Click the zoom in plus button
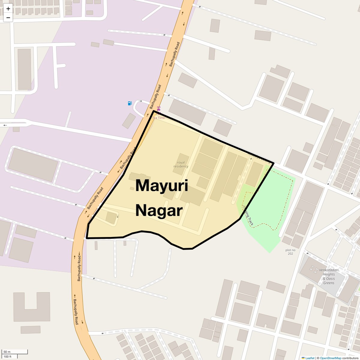coord(8,9)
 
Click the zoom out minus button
coord(8,17)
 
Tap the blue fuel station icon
coord(130,103)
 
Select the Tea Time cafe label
coord(159,118)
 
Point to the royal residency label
coord(181,164)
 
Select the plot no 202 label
coord(290,252)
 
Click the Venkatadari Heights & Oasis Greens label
coord(329,276)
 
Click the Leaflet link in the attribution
coord(310,358)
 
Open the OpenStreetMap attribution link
coord(331,358)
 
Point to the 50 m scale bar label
coord(7,352)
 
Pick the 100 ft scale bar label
coord(7,357)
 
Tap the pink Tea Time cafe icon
coord(159,109)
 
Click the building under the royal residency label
coord(181,163)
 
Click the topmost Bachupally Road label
coord(174,54)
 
